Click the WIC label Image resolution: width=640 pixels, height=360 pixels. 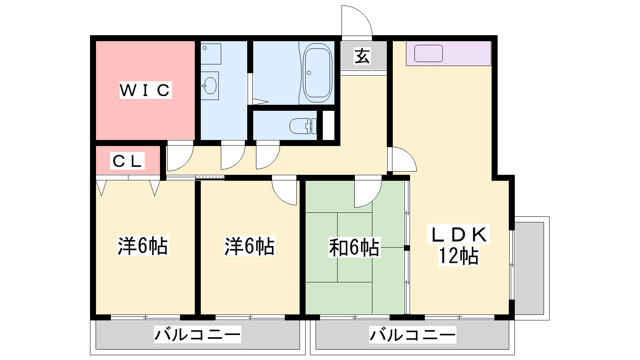[146, 90]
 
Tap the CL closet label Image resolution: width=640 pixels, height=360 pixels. [128, 161]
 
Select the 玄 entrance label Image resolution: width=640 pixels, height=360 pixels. [362, 56]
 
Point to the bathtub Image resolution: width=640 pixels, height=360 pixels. [317, 73]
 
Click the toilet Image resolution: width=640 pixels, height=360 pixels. [303, 126]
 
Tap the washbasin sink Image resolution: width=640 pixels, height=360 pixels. [210, 86]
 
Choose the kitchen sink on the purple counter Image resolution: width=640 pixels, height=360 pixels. [428, 54]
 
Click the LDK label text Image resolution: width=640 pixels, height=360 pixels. [458, 234]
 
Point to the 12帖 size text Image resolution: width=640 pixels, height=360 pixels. [458, 256]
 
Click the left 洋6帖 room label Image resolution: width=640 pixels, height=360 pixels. [142, 246]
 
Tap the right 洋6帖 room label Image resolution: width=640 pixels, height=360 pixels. [250, 246]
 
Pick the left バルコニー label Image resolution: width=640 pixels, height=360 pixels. [198, 334]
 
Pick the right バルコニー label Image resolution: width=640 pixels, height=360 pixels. [412, 334]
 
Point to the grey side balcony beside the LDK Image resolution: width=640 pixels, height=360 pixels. [530, 268]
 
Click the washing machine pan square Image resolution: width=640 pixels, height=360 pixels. [211, 54]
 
